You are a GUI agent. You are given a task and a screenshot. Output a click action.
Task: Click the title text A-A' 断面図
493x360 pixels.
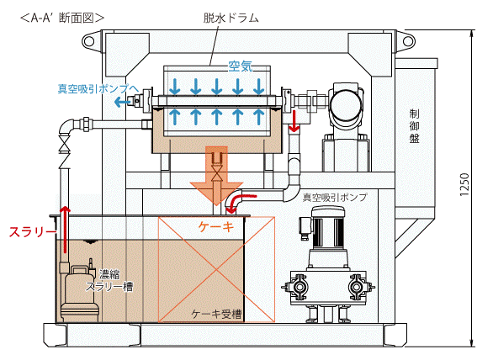(62, 18)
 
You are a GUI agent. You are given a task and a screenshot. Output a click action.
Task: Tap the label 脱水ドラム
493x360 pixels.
(231, 18)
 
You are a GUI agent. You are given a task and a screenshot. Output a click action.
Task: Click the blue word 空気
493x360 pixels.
(241, 66)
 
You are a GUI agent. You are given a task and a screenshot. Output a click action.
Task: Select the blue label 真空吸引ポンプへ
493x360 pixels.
(98, 89)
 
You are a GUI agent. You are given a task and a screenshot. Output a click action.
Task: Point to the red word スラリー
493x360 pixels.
(33, 232)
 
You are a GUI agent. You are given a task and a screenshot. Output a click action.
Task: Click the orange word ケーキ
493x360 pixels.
(216, 226)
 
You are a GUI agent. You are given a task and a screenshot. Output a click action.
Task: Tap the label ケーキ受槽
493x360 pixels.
(216, 314)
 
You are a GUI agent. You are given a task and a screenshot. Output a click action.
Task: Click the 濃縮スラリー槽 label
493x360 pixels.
(109, 280)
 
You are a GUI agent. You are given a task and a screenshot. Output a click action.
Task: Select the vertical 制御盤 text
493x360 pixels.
(415, 126)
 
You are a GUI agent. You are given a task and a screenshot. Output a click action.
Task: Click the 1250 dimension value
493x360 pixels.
(464, 185)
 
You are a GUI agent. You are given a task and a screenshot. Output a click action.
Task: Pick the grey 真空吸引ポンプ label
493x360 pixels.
(335, 198)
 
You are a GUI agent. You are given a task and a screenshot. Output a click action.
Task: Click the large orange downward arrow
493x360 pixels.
(216, 177)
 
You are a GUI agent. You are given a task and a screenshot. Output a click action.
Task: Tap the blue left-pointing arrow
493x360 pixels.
(123, 102)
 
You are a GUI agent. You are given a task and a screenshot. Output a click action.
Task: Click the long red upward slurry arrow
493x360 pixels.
(65, 230)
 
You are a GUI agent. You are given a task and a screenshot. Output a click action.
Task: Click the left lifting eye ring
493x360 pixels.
(88, 41)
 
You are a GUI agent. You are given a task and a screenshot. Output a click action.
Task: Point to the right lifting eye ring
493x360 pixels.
(408, 41)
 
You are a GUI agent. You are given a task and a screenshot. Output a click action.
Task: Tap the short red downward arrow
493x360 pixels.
(294, 121)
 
